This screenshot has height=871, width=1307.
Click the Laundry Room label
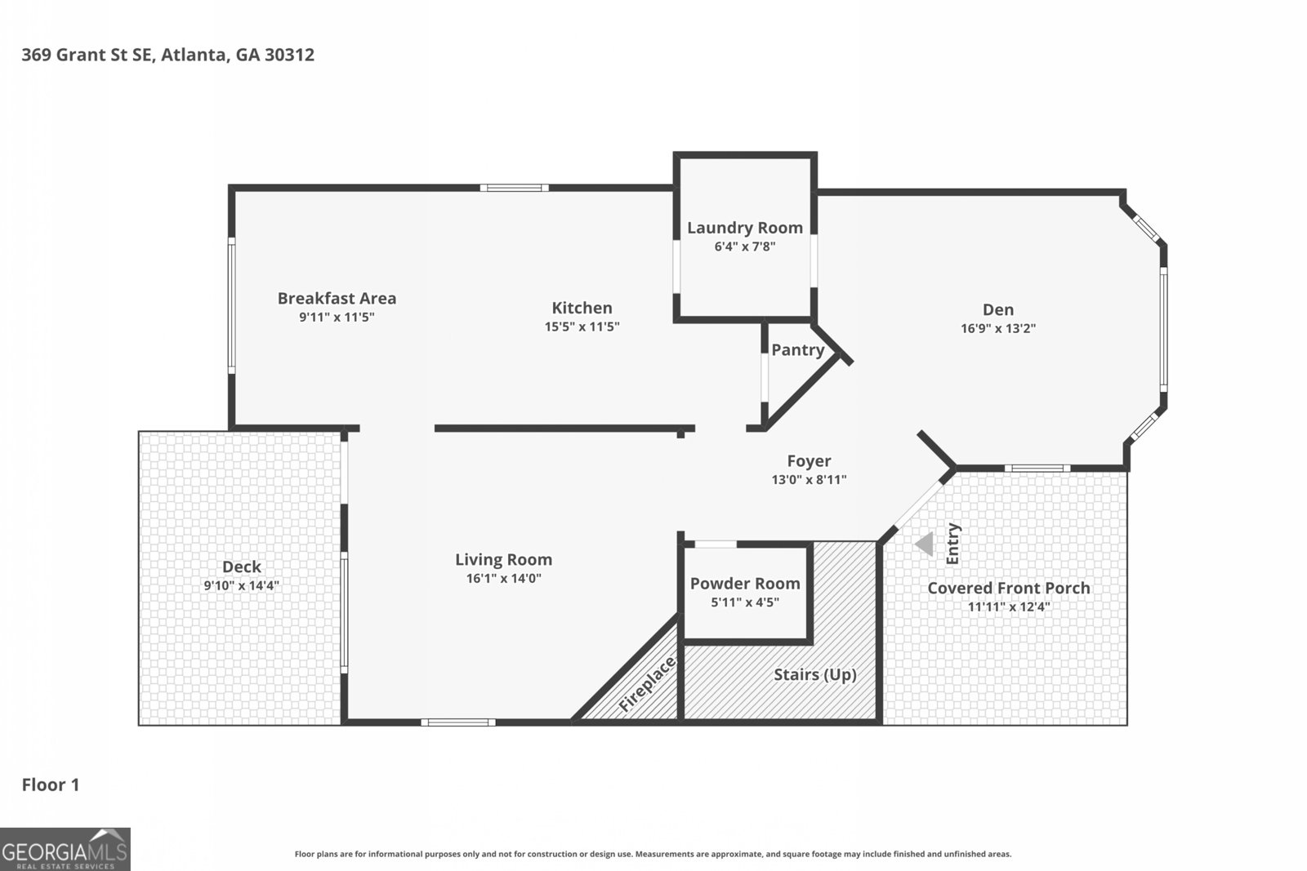pos(744,228)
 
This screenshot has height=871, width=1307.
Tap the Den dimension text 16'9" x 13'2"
pos(998,328)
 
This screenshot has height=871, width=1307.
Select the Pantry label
pos(797,349)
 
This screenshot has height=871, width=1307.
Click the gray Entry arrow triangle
pos(925,544)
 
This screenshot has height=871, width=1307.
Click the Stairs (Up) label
pos(814,674)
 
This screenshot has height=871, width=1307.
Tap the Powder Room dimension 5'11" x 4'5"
pos(744,602)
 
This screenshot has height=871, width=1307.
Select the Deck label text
pos(242,567)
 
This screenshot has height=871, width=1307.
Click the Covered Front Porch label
pos(1008,588)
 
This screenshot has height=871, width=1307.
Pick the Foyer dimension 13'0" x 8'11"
pos(809,480)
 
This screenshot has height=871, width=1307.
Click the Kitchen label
pos(582,308)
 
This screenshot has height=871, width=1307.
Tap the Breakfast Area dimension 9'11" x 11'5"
pos(337,317)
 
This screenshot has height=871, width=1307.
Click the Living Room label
pos(503,559)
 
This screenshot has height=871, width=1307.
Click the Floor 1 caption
pos(51,784)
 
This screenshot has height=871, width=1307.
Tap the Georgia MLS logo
pos(65,849)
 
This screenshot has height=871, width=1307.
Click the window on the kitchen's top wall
pos(514,188)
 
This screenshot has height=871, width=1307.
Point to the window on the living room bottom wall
pos(458,722)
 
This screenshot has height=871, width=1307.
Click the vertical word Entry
pos(953,544)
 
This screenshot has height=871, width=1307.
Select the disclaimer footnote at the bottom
pos(653,854)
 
